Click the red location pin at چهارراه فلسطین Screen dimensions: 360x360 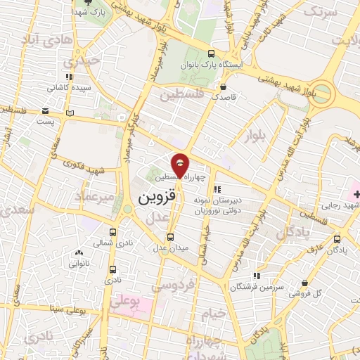click(x=181, y=164)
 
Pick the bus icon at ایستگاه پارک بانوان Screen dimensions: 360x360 click(x=212, y=53)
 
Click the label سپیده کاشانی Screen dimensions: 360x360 click(x=67, y=88)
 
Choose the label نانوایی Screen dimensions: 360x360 click(x=79, y=264)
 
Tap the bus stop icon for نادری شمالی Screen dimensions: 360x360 click(x=112, y=231)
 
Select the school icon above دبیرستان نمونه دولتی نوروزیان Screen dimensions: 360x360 click(x=217, y=188)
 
